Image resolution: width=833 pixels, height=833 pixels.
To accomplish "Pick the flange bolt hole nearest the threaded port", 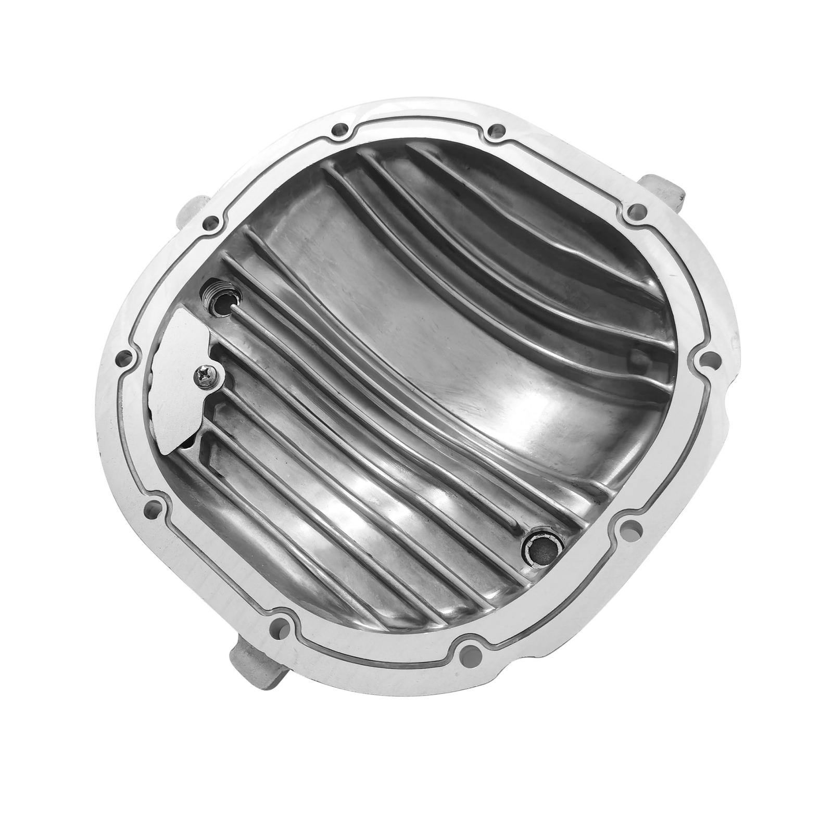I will [x=211, y=224].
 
